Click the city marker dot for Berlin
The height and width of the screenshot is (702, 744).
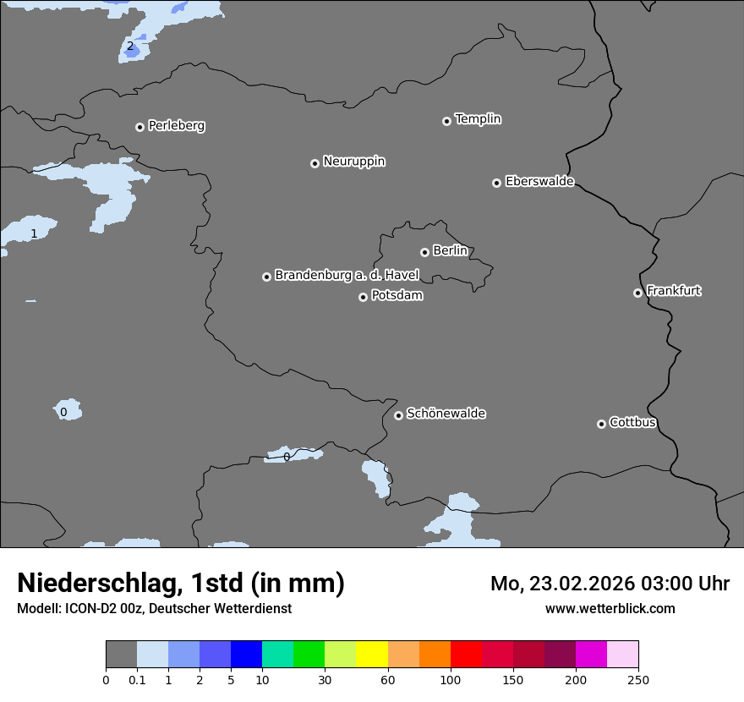click(x=424, y=252)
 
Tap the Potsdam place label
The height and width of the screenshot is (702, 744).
click(x=397, y=296)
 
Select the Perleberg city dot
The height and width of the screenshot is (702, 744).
click(x=139, y=127)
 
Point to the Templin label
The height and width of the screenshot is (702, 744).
click(x=478, y=119)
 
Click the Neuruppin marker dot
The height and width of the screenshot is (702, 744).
click(x=315, y=163)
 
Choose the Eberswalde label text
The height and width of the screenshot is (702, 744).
click(x=539, y=181)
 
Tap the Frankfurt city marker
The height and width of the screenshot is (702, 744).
click(x=637, y=293)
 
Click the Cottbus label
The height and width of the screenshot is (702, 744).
click(x=632, y=422)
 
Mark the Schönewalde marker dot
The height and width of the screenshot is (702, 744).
click(x=398, y=415)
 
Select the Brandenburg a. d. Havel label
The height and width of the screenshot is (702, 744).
click(x=347, y=275)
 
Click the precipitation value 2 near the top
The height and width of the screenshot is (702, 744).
click(x=129, y=47)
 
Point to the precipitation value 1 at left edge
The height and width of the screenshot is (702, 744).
click(x=34, y=233)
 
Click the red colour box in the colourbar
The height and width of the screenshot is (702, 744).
click(x=466, y=655)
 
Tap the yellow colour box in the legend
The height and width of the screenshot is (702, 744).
click(x=372, y=655)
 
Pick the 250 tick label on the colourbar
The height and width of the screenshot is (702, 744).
click(x=638, y=679)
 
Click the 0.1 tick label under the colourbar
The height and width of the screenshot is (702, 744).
click(x=137, y=679)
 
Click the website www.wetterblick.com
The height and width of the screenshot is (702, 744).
click(x=610, y=608)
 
